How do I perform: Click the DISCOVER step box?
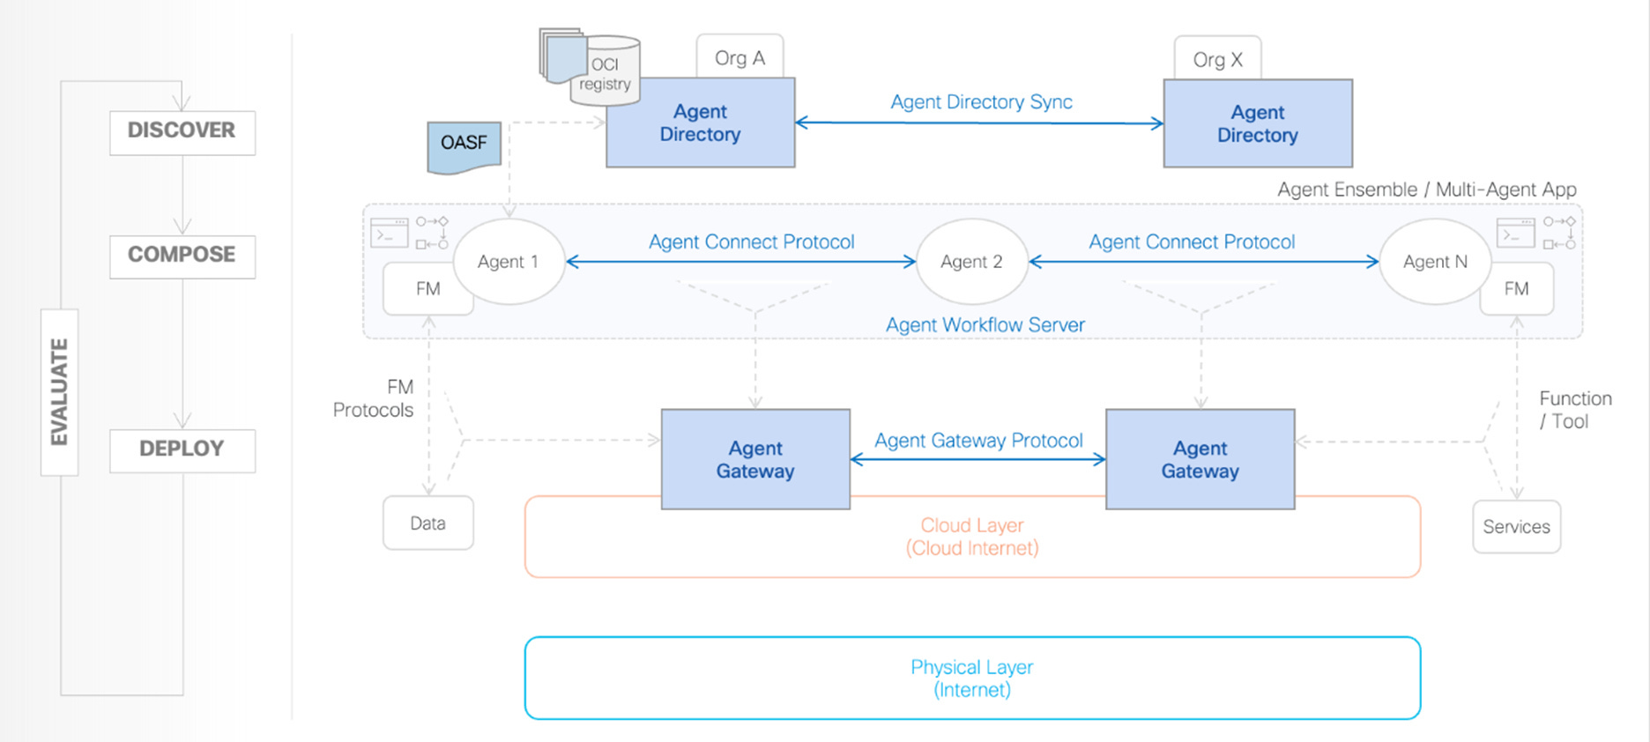(x=182, y=132)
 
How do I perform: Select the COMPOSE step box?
(x=182, y=256)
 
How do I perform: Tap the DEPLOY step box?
(x=182, y=450)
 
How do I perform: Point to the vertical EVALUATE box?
(x=60, y=392)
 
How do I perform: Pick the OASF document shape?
(x=464, y=146)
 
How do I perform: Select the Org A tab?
(x=740, y=57)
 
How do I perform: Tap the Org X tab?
(x=1217, y=59)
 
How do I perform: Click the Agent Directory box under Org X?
(x=1258, y=123)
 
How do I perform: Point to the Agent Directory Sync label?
(x=981, y=102)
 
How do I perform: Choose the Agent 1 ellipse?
(x=509, y=262)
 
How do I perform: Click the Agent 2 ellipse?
(x=972, y=262)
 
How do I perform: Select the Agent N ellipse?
(x=1435, y=262)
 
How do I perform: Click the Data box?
(x=428, y=523)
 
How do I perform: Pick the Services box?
(x=1516, y=527)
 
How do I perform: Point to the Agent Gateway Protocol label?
(x=978, y=441)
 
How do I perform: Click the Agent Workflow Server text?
(x=985, y=325)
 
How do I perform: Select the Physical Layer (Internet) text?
(x=972, y=679)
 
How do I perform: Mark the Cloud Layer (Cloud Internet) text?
(x=972, y=537)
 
